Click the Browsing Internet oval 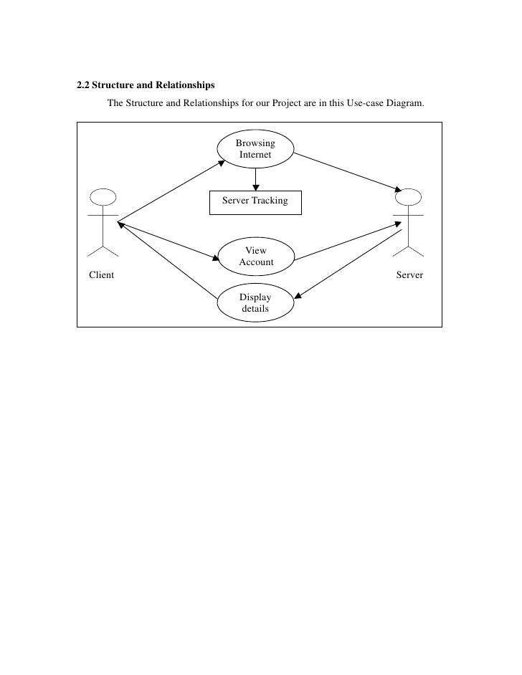[x=255, y=149]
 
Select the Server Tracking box [x=255, y=201]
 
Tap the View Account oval [x=256, y=257]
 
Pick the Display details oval [x=255, y=303]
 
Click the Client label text [x=101, y=274]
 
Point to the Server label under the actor [x=409, y=274]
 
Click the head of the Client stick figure [x=103, y=198]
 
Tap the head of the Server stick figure [x=408, y=198]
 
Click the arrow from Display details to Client [x=169, y=260]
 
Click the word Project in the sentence [x=288, y=104]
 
